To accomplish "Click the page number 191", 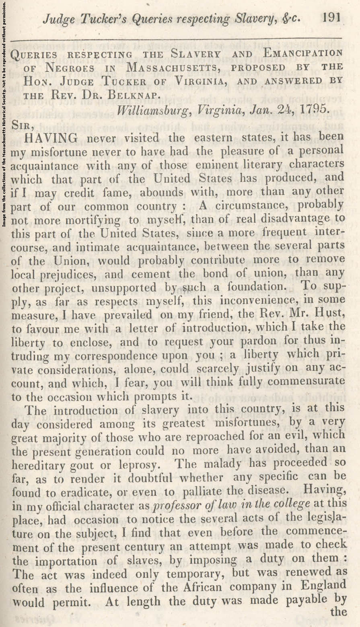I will [331, 18].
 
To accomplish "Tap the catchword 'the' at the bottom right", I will [338, 612].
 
